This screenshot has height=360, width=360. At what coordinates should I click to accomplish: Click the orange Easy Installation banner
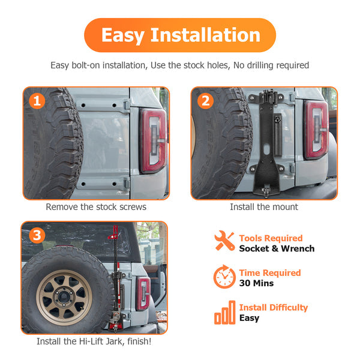180,35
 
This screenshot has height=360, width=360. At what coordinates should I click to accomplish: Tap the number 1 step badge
37,101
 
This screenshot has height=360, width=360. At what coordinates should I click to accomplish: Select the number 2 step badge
205,101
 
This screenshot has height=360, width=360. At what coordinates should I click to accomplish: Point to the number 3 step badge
37,235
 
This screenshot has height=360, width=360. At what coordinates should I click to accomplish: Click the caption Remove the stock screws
96,207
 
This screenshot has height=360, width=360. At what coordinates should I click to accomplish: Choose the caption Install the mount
264,207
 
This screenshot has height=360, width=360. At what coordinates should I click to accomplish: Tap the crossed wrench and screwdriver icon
224,241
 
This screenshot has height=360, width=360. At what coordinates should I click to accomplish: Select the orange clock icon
224,277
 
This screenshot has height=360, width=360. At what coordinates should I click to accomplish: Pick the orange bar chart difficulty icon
225,313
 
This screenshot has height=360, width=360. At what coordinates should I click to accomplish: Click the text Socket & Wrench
277,248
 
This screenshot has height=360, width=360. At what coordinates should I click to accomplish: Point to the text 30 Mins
256,283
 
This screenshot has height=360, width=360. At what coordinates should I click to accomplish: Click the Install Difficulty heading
274,307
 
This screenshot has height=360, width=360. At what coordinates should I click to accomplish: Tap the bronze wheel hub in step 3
64,298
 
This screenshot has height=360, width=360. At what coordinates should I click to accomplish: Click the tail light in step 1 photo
153,141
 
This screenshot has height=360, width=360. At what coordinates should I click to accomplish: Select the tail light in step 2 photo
316,130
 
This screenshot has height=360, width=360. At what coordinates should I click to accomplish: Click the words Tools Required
271,238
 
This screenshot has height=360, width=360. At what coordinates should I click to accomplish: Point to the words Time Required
270,273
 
